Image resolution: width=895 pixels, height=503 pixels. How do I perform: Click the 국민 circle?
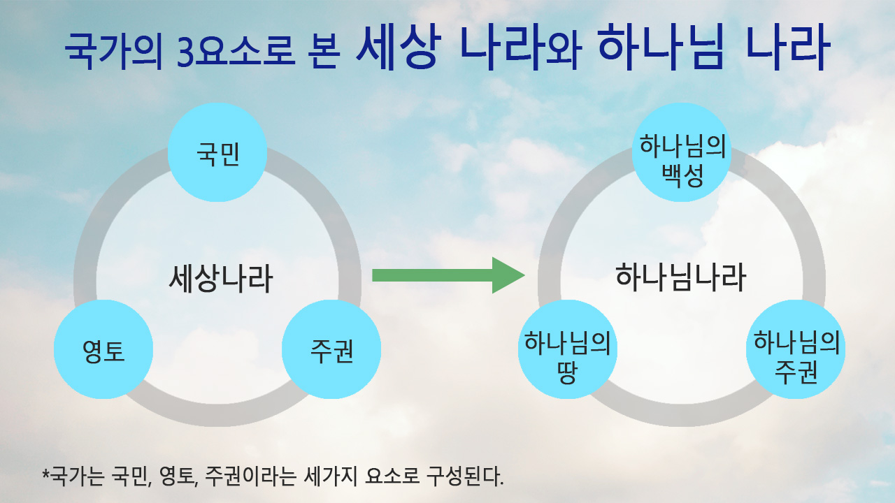coord(217,152)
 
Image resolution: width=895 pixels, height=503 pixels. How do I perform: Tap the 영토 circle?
coord(103,349)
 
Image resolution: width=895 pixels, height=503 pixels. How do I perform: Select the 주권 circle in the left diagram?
coord(331,349)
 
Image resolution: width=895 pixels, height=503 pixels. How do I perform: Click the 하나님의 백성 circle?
coord(682,152)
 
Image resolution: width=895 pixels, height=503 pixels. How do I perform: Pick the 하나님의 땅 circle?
coord(568,349)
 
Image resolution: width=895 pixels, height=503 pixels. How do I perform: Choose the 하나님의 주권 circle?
coord(796,349)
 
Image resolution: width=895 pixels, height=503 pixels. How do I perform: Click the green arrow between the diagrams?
coord(448,275)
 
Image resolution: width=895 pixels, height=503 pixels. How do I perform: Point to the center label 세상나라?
coord(221,278)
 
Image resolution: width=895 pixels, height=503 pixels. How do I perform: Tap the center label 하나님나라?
coord(681,277)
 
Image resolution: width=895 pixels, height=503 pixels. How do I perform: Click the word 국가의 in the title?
coord(114,51)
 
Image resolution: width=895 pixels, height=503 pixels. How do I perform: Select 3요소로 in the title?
coord(236,52)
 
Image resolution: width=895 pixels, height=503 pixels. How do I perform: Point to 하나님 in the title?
coord(661,47)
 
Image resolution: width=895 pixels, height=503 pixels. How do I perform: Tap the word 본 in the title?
coord(324,52)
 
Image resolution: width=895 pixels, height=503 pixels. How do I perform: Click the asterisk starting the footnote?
coord(46,474)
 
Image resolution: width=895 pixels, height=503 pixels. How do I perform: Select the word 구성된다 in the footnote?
coord(465,476)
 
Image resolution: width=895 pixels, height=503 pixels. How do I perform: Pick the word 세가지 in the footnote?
coord(331,476)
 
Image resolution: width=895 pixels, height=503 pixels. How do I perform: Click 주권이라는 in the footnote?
coord(251,476)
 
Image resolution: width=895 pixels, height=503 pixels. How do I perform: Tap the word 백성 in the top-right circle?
coord(682,176)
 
